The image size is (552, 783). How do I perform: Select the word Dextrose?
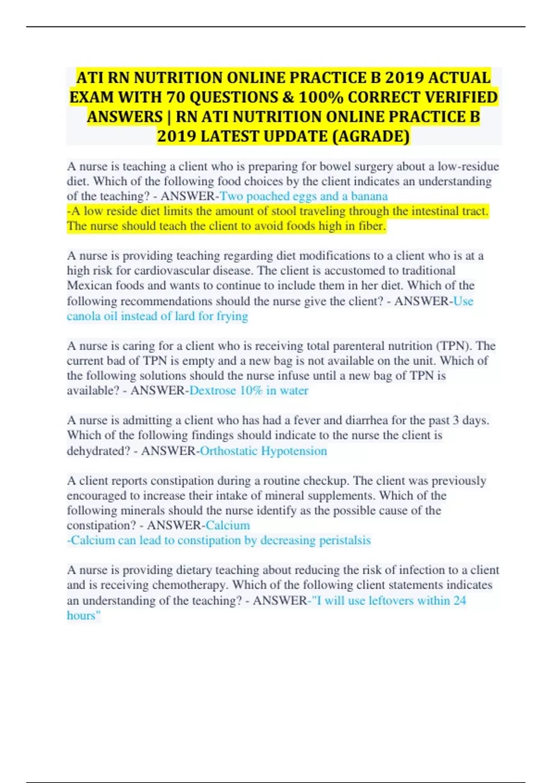(213, 391)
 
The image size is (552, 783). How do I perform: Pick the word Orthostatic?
(229, 451)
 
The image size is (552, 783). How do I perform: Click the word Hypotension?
(294, 451)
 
